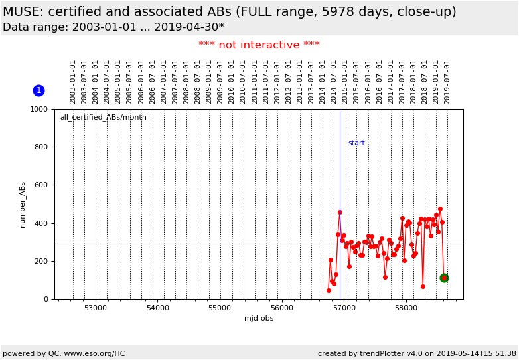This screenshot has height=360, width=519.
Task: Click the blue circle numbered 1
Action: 38,90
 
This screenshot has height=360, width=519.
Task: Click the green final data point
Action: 444,278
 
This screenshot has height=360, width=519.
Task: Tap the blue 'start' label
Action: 356,143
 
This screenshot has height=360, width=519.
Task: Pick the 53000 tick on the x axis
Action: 96,308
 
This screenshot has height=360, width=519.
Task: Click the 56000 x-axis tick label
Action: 282,308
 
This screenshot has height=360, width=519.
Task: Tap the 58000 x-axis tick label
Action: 406,308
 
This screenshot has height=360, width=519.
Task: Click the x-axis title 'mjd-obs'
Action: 259,319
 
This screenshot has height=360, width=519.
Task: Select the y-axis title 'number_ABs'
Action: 23,205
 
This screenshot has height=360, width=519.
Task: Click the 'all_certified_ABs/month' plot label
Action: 103,118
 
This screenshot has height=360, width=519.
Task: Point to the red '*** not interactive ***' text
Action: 259,45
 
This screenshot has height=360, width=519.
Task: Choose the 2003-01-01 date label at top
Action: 73,81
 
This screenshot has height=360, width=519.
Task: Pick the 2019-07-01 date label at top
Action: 447,81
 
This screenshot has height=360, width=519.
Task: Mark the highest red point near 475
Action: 440,209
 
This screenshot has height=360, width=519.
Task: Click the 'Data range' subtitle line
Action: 113,27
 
